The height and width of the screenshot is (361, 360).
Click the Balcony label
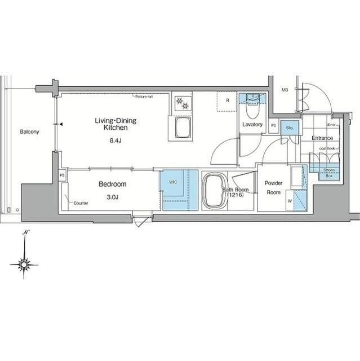[x=29, y=132]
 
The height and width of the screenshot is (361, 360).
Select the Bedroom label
[x=113, y=184]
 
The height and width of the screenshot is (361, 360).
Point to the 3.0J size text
[x=113, y=197]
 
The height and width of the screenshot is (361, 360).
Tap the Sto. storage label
[x=289, y=128]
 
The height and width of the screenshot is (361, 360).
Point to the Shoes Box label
[x=328, y=172]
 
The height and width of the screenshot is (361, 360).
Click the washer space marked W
[x=289, y=200]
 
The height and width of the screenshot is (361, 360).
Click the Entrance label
[x=322, y=138]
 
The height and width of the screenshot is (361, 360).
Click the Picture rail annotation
[x=144, y=97]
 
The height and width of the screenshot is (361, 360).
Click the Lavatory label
[x=251, y=124]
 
